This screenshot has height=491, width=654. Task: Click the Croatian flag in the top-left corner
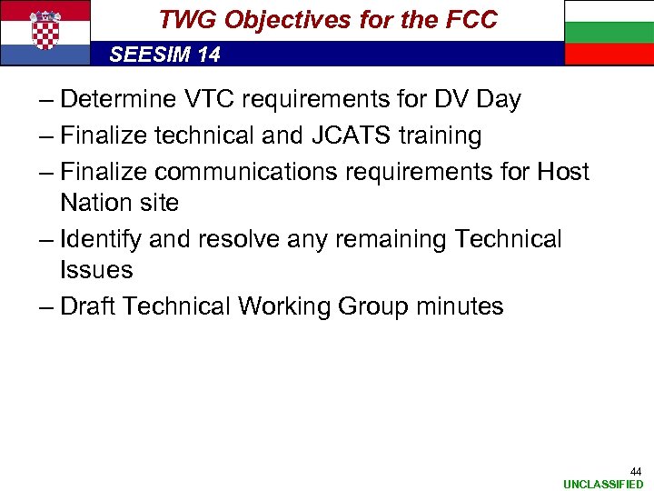pos(45,33)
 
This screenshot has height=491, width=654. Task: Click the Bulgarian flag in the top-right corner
pos(609,33)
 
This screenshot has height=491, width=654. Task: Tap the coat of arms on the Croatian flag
pos(45,31)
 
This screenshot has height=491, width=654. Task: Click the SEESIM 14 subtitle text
pos(164,55)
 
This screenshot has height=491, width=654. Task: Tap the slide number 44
pos(636,471)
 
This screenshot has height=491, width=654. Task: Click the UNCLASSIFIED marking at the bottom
pos(603,485)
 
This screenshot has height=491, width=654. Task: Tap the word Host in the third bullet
pos(562,172)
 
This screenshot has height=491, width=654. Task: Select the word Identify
pos(103,240)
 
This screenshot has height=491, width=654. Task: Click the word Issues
pos(96,270)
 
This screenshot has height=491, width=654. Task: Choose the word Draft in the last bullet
pos(87,306)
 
